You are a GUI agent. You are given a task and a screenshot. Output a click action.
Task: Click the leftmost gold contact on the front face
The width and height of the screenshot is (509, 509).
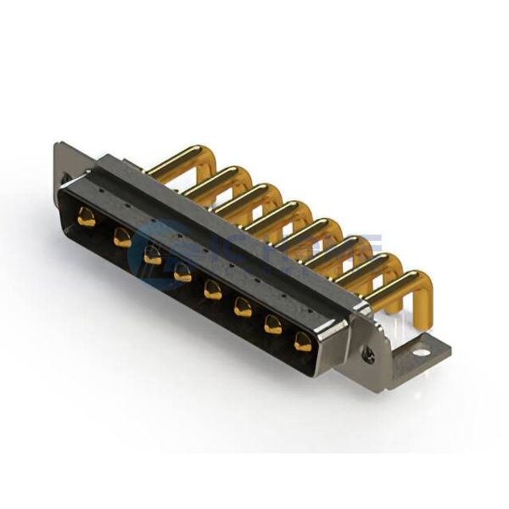pos(86,218)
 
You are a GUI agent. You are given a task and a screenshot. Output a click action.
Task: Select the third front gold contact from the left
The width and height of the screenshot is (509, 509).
pos(153,255)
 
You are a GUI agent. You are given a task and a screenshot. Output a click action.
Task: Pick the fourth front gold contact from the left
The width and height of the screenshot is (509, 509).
pos(182,273)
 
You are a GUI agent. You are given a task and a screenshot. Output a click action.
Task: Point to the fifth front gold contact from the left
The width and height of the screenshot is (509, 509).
pos(212,291)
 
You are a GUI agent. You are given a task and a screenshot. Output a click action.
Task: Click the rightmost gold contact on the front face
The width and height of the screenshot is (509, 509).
pos(303,342)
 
